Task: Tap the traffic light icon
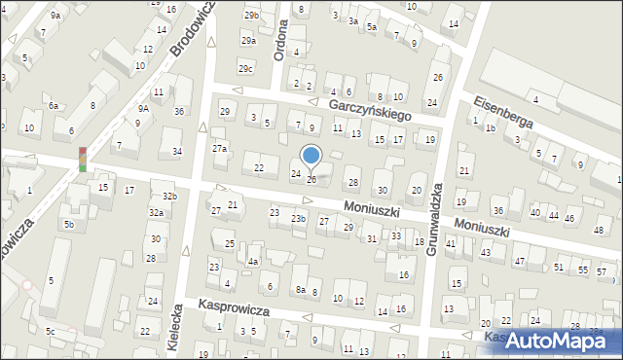pyautogui.click(x=83, y=159)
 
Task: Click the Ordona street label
pyautogui.click(x=280, y=41)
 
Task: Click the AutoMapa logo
pyautogui.click(x=553, y=340)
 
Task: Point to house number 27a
pyautogui.click(x=220, y=148)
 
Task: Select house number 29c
pyautogui.click(x=245, y=68)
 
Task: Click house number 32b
pyautogui.click(x=169, y=197)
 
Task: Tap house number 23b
pyautogui.click(x=298, y=219)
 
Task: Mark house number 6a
pyautogui.click(x=54, y=106)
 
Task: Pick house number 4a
pyautogui.click(x=252, y=262)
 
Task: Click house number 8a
pyautogui.click(x=302, y=290)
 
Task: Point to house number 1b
pyautogui.click(x=491, y=127)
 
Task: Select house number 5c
pyautogui.click(x=51, y=332)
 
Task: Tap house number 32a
pyautogui.click(x=156, y=212)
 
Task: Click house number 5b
pyautogui.click(x=69, y=225)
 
